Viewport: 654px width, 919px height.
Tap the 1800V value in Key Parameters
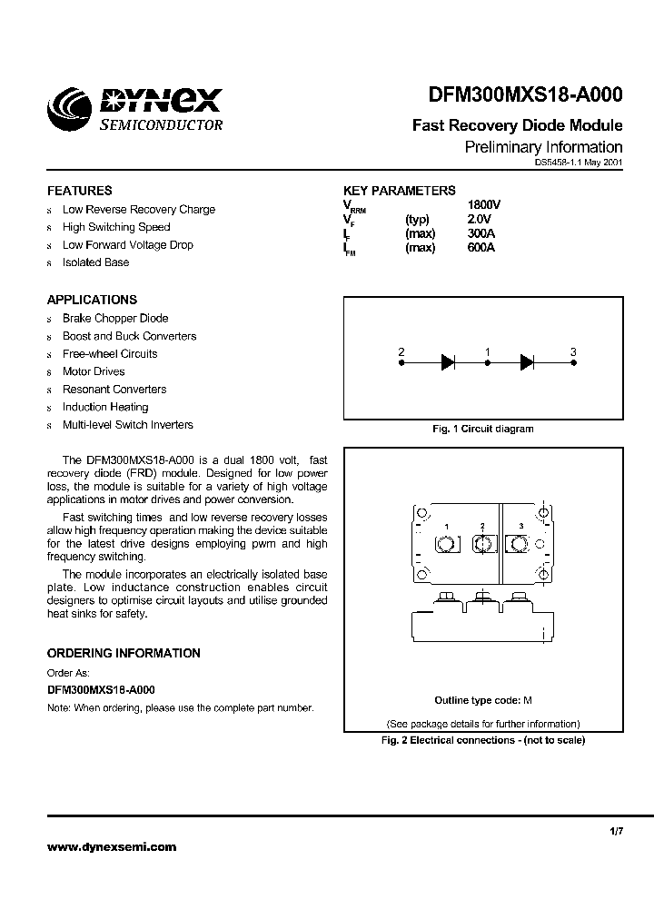point(483,205)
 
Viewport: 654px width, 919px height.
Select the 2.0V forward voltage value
point(479,219)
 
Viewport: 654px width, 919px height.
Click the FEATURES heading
point(80,191)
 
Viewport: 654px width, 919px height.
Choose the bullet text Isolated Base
point(95,262)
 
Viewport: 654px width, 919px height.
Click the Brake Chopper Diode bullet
point(115,319)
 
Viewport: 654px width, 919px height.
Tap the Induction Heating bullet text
point(105,407)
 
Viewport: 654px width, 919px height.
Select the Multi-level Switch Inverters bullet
point(127,425)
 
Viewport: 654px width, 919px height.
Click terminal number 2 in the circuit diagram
point(401,351)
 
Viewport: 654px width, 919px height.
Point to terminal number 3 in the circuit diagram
point(572,351)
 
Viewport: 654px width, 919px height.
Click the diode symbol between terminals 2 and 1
point(447,362)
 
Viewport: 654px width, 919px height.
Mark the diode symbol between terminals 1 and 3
point(527,362)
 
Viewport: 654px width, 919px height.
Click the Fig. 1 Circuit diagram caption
point(482,429)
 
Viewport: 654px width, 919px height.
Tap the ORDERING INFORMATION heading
point(124,653)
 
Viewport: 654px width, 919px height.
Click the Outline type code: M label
point(482,700)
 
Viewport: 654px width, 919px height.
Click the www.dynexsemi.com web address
point(112,846)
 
